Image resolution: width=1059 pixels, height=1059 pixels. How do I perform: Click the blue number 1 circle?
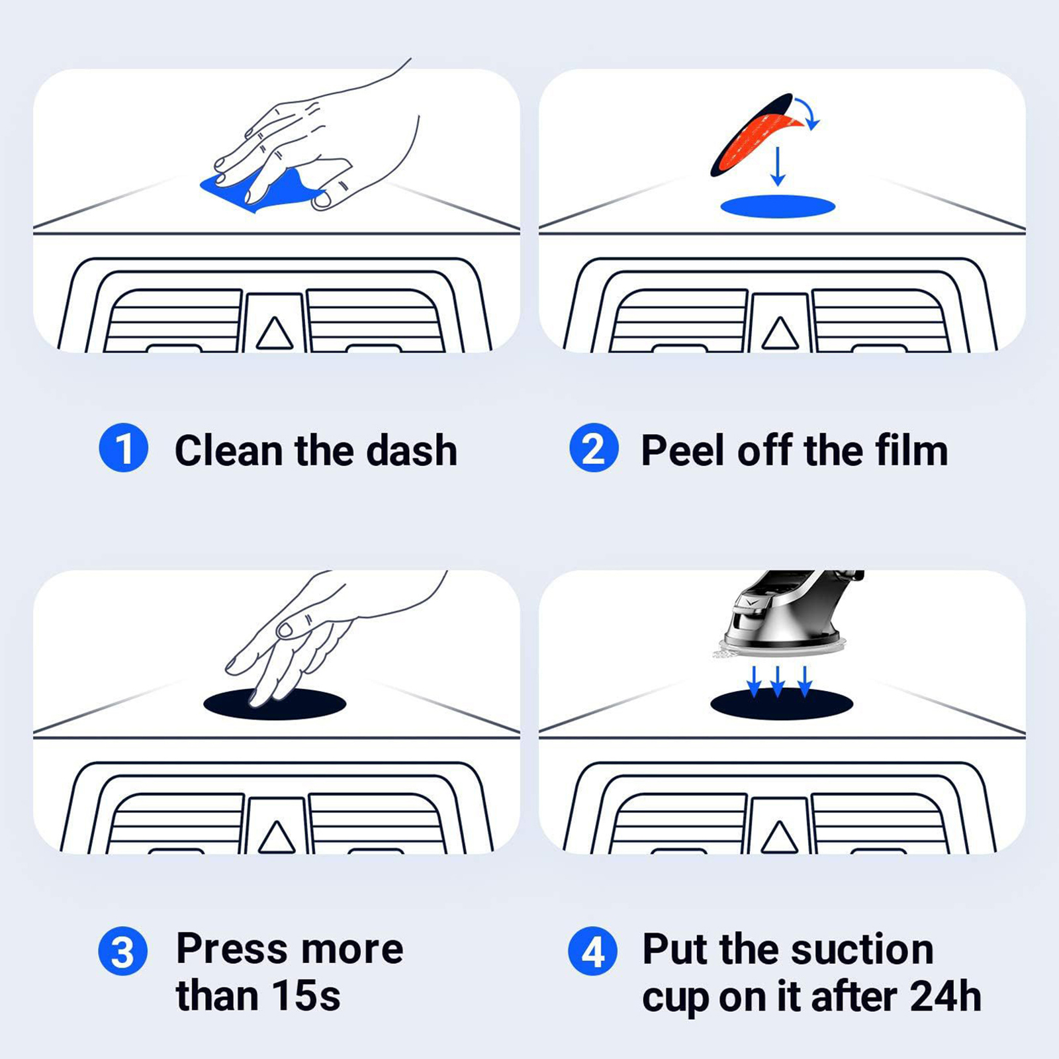123,448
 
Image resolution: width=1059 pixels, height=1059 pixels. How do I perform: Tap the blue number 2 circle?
594,448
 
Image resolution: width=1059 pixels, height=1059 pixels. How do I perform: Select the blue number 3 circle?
123,951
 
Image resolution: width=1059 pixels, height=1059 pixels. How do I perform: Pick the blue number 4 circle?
593,951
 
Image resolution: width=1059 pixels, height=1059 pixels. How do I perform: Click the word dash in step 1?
412,451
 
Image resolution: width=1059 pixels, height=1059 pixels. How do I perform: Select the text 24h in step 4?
945,996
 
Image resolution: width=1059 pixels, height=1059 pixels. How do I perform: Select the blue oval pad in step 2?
778,207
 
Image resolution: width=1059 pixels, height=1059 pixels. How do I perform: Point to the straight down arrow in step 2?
778,166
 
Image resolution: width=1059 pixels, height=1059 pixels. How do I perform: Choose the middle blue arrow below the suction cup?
778,682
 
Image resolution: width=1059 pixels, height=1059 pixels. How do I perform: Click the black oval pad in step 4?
782,704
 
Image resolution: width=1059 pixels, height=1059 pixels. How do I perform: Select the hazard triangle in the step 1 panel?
275,333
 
